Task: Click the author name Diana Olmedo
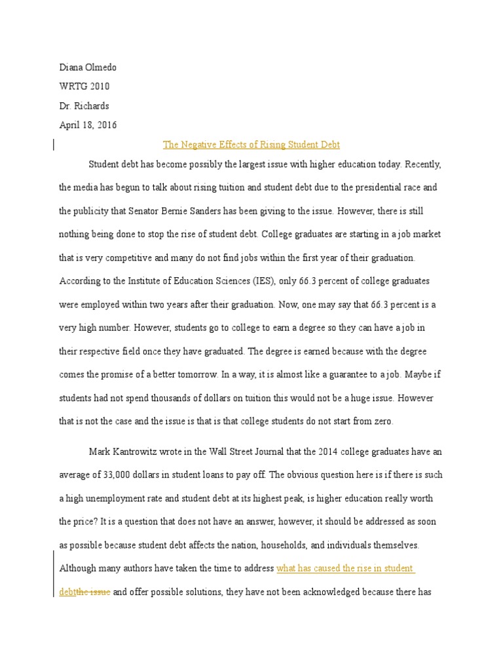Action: (x=88, y=67)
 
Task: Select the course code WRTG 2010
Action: (x=84, y=86)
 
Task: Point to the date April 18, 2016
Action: (x=88, y=125)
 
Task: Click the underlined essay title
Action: (x=251, y=144)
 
